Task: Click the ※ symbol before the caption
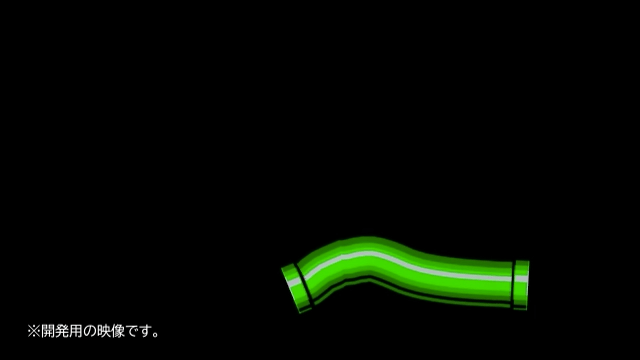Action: pyautogui.click(x=34, y=331)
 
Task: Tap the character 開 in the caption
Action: pyautogui.click(x=48, y=331)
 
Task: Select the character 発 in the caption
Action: pyautogui.click(x=62, y=331)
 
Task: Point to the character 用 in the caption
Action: pyautogui.click(x=76, y=331)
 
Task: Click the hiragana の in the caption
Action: pyautogui.click(x=89, y=331)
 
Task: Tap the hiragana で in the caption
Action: pyautogui.click(x=131, y=331)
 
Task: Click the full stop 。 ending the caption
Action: pyautogui.click(x=156, y=335)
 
